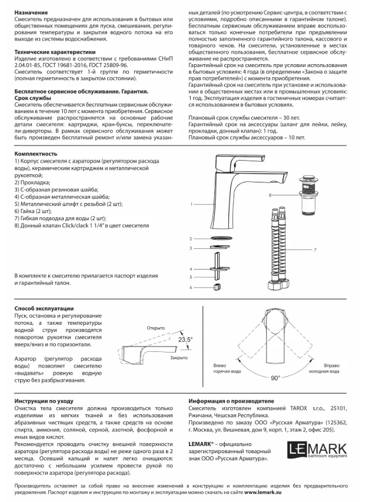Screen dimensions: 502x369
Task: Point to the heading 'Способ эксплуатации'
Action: (x=44, y=308)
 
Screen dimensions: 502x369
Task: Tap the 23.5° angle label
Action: (x=185, y=340)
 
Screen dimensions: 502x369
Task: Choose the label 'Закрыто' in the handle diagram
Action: (x=178, y=358)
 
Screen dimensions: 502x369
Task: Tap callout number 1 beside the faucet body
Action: (x=192, y=204)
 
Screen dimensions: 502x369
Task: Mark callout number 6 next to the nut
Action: (x=192, y=287)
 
